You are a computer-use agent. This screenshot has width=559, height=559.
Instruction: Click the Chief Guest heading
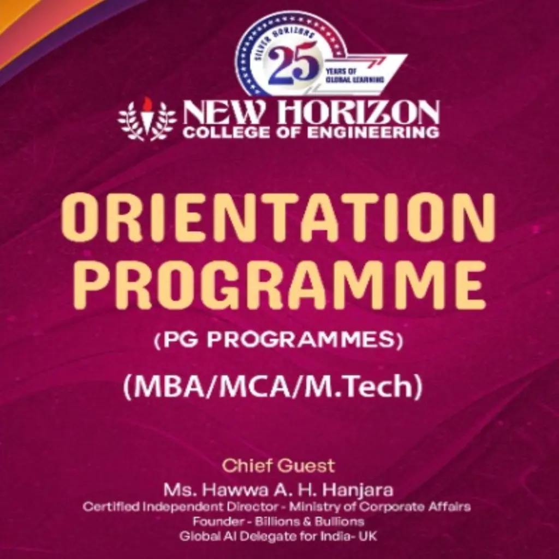pyautogui.click(x=278, y=466)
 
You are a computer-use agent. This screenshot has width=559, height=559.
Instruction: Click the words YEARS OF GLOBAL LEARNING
pyautogui.click(x=354, y=75)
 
